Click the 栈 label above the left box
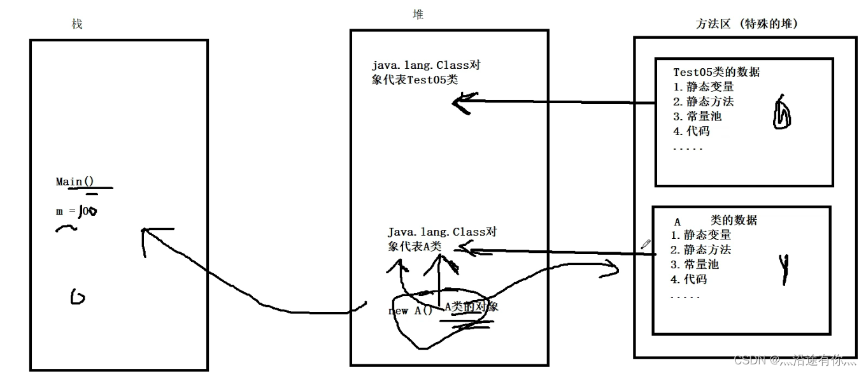(x=77, y=24)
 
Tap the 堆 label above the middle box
(x=418, y=14)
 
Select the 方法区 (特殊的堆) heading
(x=747, y=24)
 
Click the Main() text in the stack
(x=75, y=182)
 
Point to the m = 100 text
(x=76, y=211)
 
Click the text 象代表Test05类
(x=415, y=79)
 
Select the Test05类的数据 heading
(x=716, y=72)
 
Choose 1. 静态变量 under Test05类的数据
(x=703, y=87)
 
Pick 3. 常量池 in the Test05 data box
(x=697, y=117)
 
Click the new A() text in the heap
(x=410, y=311)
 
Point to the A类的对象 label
(x=471, y=306)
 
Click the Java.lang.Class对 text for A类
(x=442, y=232)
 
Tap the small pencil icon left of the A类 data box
(x=646, y=243)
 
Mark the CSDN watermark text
(x=795, y=361)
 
